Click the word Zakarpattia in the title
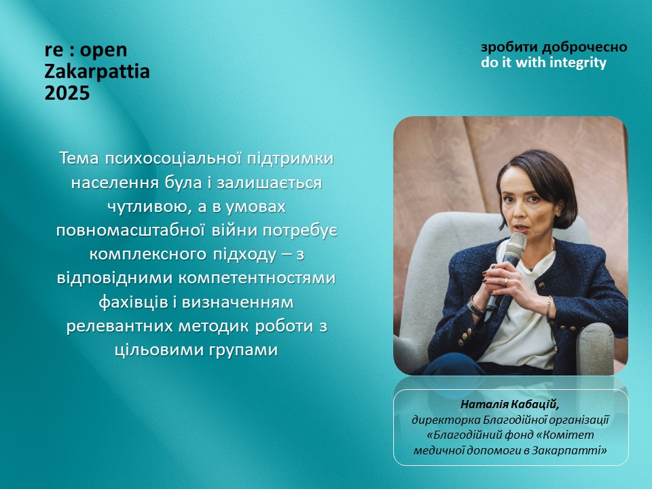[97, 71]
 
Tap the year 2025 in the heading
[67, 93]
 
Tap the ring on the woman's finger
[506, 280]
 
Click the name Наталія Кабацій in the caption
[510, 404]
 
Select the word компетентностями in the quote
[257, 278]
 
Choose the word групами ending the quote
[242, 350]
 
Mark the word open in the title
[103, 51]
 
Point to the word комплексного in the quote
[147, 254]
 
